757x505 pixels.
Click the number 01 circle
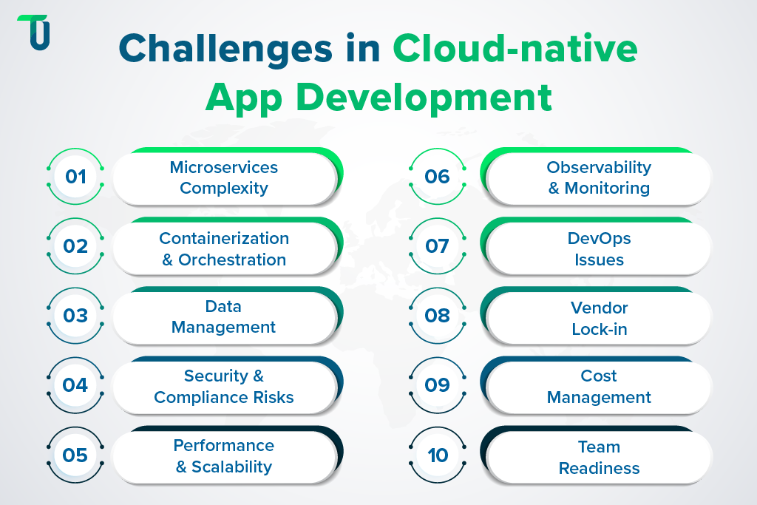76,177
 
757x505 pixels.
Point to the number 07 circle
438,246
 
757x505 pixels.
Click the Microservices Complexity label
224,177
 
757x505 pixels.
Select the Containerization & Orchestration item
224,249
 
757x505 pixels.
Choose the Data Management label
224,316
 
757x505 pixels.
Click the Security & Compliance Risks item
224,387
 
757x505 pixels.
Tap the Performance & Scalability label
224,456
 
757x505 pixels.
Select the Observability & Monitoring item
599,177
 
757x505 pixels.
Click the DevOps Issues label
599,249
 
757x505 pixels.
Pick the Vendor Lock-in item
599,318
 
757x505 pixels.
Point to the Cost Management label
599,387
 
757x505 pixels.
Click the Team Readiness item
599,458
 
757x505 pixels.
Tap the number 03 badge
76,316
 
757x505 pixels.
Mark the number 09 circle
438,385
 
